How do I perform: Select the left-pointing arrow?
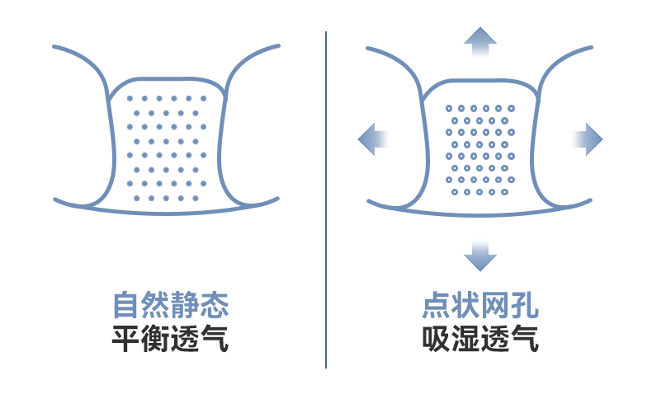[373, 138]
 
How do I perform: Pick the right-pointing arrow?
[588, 138]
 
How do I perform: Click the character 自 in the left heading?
[126, 306]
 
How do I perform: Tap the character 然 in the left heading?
[156, 306]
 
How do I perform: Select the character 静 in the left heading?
[186, 306]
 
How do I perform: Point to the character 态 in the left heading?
[215, 306]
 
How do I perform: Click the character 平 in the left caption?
[126, 339]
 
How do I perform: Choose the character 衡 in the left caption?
[156, 339]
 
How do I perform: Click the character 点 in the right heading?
[435, 306]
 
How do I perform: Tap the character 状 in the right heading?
[465, 306]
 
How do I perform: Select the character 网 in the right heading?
[494, 306]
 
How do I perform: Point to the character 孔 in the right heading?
[524, 306]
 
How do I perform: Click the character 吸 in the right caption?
[435, 339]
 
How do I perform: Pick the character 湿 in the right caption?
[465, 339]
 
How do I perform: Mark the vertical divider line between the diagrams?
[326, 198]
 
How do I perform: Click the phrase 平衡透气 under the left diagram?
[170, 339]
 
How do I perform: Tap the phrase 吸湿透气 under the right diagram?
[480, 339]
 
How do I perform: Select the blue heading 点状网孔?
[480, 306]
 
